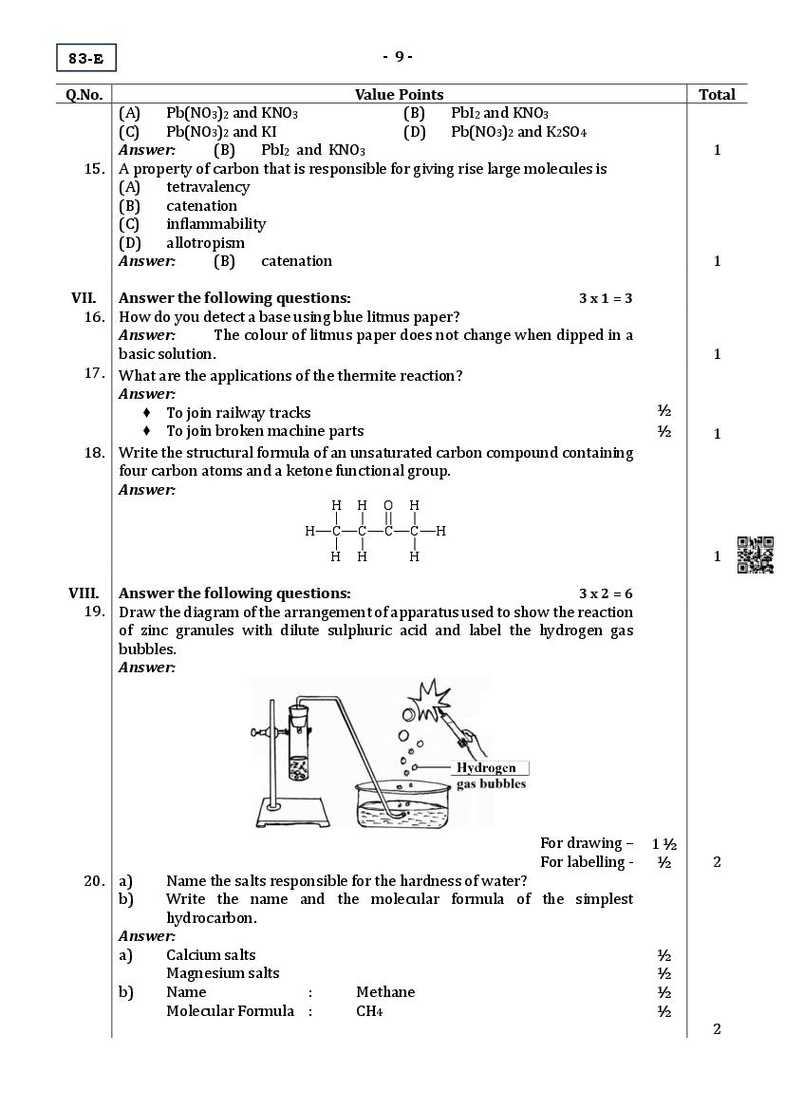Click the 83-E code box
coord(85,59)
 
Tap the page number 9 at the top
coord(398,56)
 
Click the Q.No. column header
coord(84,94)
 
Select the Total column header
coord(717,94)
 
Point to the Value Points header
coord(399,94)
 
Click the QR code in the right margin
coord(756,555)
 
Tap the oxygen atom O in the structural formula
coord(388,505)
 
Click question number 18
coord(94,452)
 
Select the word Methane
coord(385,991)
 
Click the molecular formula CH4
coord(369,1011)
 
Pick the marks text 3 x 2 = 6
coord(606,593)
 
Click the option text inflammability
coord(215,224)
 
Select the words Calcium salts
coord(211,954)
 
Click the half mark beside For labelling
coord(664,862)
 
